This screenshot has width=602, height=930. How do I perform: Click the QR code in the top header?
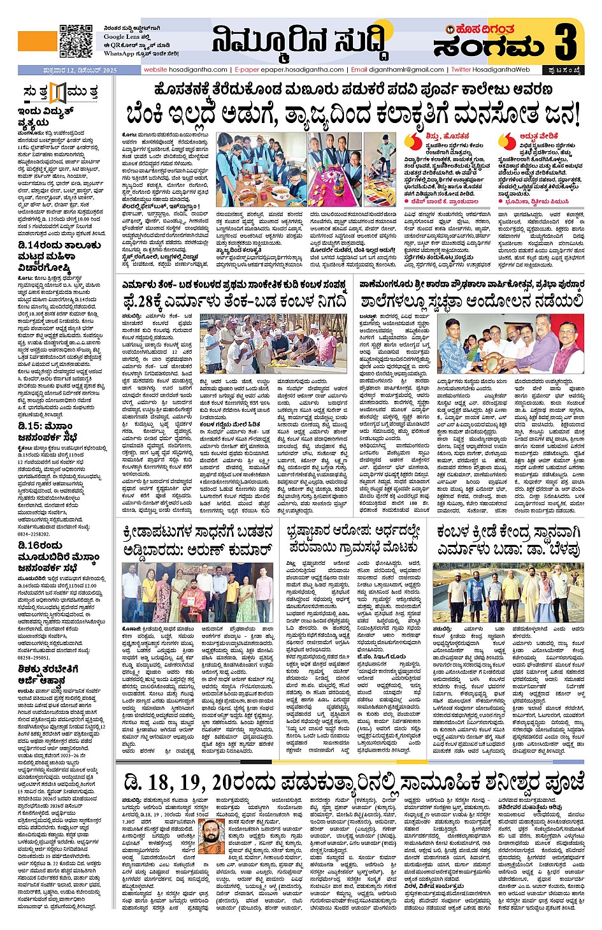(76, 42)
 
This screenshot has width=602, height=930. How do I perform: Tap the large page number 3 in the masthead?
(565, 40)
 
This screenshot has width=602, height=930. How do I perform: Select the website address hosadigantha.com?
(185, 69)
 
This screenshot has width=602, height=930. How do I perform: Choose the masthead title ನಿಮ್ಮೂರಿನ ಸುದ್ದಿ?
(299, 40)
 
